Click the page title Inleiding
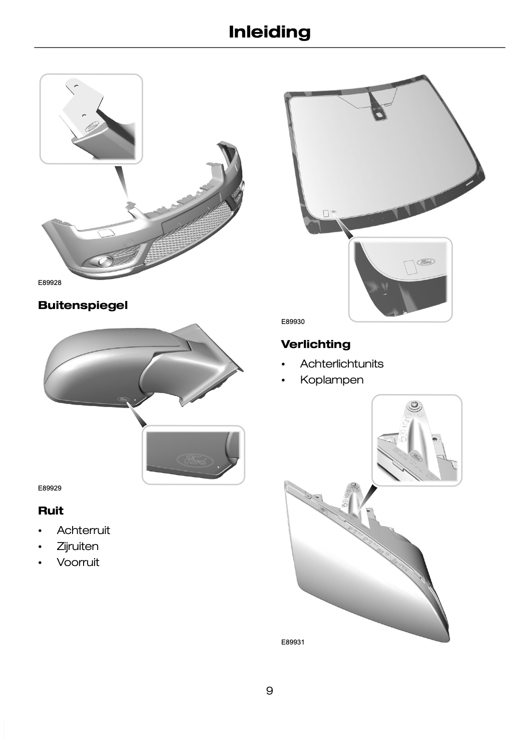click(269, 32)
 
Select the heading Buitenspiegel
click(83, 305)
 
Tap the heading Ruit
click(51, 510)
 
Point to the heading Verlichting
click(315, 344)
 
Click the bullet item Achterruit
click(83, 530)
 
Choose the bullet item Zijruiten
click(78, 546)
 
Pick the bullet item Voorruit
click(78, 562)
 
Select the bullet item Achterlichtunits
click(341, 363)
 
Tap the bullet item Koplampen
click(332, 380)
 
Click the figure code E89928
click(50, 283)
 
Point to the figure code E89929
click(50, 488)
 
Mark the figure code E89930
click(293, 322)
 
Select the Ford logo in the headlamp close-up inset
click(415, 456)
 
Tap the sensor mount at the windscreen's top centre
click(379, 114)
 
